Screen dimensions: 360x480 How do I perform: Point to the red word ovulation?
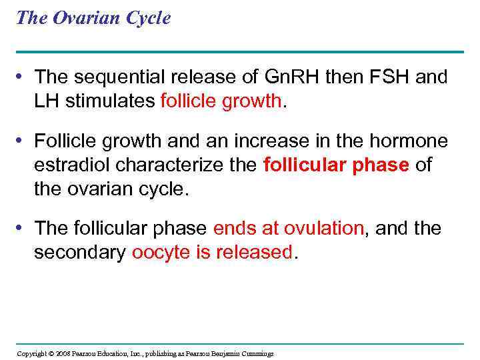point(325,229)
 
